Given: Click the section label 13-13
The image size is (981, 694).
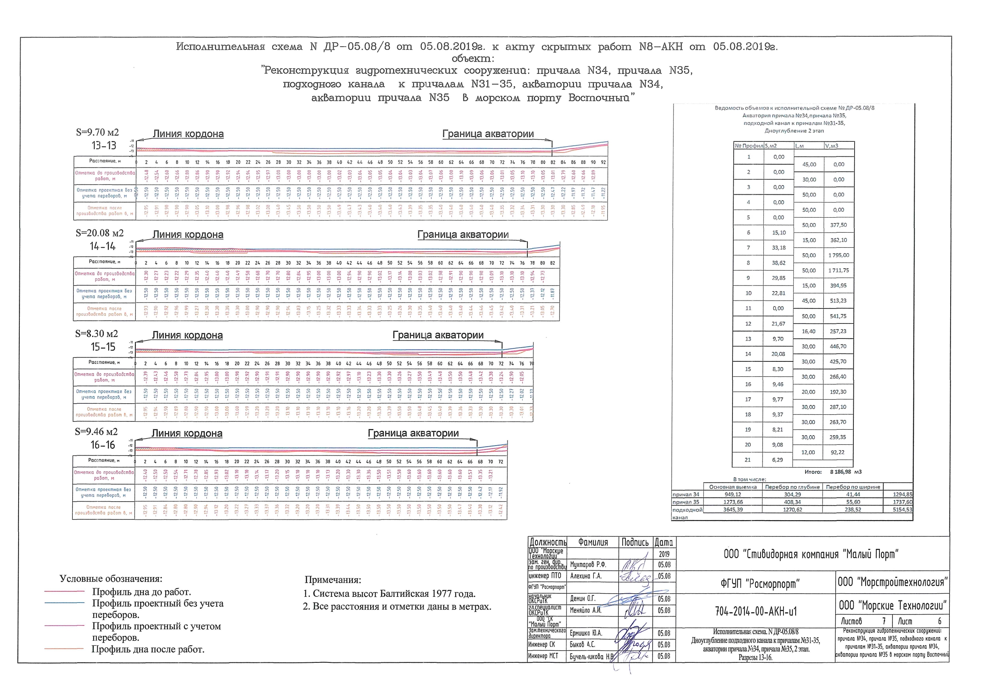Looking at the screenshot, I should (104, 146).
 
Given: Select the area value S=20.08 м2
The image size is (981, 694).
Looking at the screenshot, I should (100, 233).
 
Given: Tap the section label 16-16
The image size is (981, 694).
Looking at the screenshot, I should (103, 445).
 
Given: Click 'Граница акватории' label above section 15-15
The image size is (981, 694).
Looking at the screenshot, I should (438, 335).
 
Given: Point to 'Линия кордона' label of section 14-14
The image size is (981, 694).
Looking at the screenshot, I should (188, 235).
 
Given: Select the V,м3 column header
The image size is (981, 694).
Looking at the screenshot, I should (831, 146).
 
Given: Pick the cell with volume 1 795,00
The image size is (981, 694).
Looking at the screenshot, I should (838, 256).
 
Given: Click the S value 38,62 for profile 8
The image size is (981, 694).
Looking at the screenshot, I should (778, 263).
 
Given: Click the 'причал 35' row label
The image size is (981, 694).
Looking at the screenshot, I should (686, 502).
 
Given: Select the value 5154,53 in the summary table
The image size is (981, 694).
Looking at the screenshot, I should (902, 510).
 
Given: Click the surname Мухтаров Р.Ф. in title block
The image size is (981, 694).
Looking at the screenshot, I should (588, 565).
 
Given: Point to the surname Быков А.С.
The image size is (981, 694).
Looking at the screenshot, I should (582, 645).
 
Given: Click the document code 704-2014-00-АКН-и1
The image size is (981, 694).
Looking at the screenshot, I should (756, 611).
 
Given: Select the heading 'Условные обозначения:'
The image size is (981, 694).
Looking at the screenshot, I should (111, 579).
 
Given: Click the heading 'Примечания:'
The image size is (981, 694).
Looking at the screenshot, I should (333, 580).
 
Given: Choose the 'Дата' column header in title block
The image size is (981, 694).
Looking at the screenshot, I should (664, 542).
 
